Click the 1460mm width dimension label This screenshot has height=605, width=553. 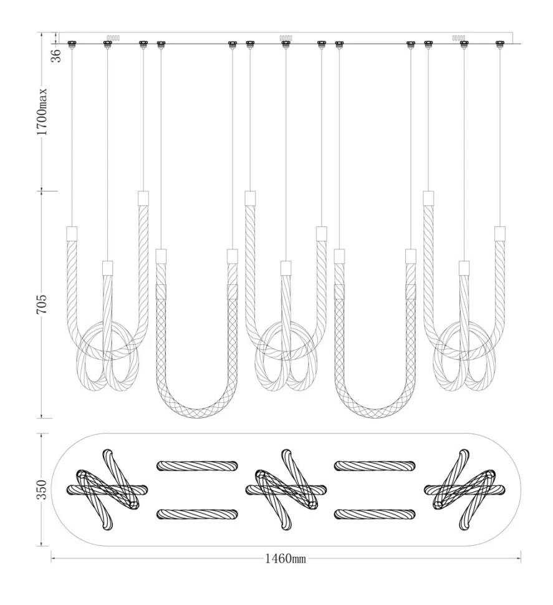click(285, 558)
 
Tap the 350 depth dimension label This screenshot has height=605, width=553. click(42, 490)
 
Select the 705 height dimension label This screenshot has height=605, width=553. click(42, 304)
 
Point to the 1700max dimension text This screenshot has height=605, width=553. click(42, 112)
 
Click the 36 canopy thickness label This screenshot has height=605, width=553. click(56, 56)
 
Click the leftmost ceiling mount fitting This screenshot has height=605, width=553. click(71, 44)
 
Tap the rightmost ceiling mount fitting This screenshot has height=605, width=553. click(500, 44)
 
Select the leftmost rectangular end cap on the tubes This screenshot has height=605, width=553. click(72, 233)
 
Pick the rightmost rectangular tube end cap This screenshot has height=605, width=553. click(500, 233)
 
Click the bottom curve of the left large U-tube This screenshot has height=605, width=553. click(196, 413)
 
